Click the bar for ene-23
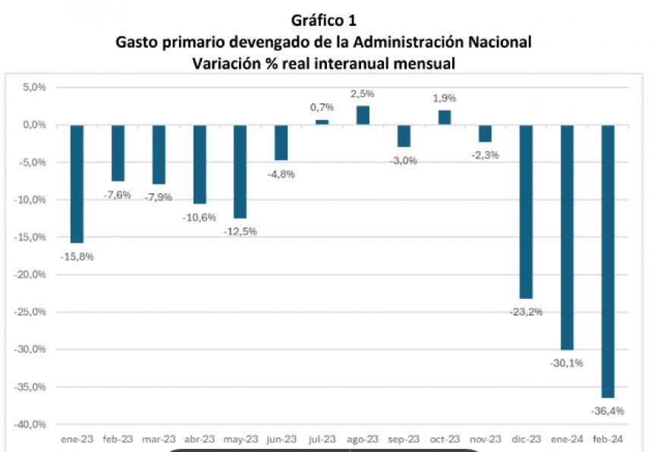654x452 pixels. click(77, 184)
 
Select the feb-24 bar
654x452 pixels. click(607, 261)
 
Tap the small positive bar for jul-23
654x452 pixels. click(322, 122)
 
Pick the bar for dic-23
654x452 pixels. click(526, 212)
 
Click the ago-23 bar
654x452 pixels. click(363, 115)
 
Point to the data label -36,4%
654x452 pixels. click(607, 412)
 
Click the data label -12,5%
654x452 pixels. click(241, 231)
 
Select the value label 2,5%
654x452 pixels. click(363, 94)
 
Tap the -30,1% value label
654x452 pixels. click(566, 363)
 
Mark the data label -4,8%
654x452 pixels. click(281, 174)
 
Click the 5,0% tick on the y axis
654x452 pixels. click(34, 87)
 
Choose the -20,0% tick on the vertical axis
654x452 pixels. click(31, 275)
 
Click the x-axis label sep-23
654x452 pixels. click(403, 439)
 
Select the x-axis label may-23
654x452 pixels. click(240, 439)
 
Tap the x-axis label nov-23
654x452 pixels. click(485, 439)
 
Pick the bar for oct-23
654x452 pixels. click(444, 117)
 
